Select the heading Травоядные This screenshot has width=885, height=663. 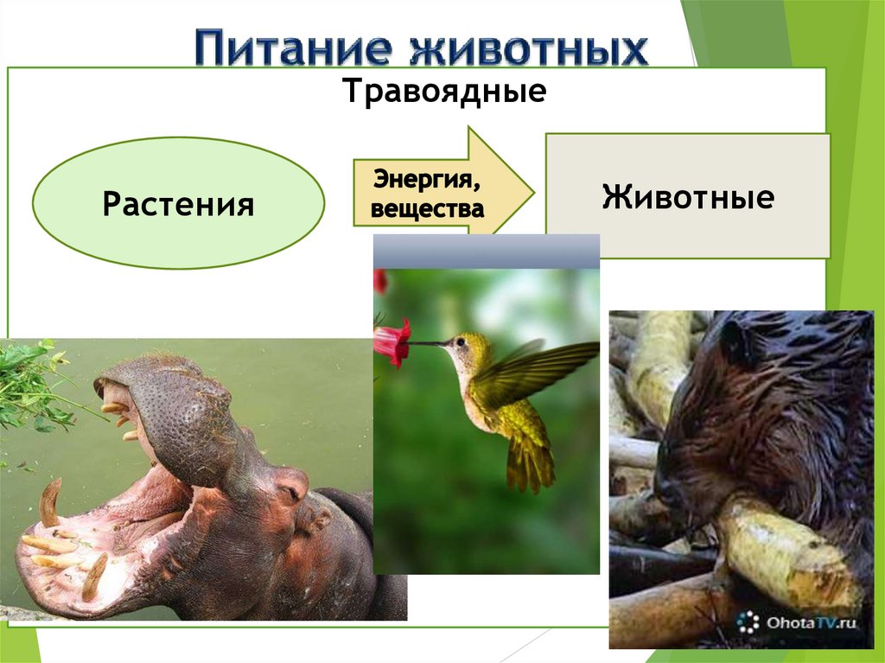[x=444, y=90]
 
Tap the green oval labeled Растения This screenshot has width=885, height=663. [x=179, y=205]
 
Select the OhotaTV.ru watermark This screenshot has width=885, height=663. [x=799, y=622]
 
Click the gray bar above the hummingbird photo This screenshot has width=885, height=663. [x=486, y=251]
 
